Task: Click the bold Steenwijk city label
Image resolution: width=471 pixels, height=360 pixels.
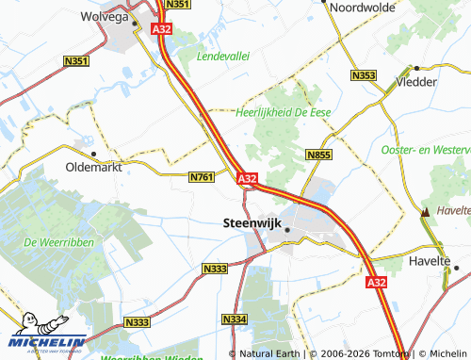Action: click(252, 223)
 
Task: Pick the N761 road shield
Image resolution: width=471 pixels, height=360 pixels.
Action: click(203, 176)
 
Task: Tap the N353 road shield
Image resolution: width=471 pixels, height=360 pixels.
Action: click(362, 74)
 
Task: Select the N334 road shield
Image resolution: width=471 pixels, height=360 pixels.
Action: click(235, 320)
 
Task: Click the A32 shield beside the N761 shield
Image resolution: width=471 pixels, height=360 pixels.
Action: click(248, 178)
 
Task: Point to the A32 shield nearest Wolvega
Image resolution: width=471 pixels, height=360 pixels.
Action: click(161, 30)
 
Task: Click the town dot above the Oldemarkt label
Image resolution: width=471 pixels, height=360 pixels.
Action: click(93, 153)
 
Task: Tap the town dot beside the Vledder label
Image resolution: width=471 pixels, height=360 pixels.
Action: click(416, 68)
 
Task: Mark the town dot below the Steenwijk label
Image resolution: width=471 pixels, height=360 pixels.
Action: click(287, 230)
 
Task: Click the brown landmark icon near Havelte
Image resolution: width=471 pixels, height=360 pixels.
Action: click(427, 213)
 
